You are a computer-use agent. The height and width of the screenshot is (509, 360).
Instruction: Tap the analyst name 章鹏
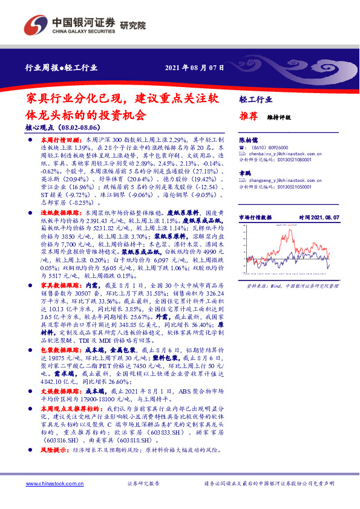tap(244, 172)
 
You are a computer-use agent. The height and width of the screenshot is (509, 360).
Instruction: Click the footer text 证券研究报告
tap(143, 484)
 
